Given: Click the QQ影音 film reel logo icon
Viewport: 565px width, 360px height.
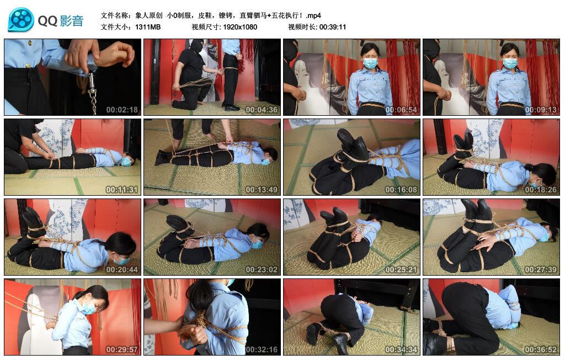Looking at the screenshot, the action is [21, 20].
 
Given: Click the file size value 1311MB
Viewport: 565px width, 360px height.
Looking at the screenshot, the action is [148, 27].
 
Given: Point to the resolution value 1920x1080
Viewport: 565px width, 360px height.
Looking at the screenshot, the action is [240, 27].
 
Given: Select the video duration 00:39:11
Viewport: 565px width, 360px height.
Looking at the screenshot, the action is [333, 27].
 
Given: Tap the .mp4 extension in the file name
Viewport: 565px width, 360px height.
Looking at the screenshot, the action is [313, 15].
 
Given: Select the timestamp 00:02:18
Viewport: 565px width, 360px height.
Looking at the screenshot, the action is [122, 110].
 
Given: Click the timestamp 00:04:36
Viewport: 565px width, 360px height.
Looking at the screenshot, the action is [261, 110].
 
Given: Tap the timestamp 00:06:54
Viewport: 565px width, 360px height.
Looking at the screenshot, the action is [401, 110].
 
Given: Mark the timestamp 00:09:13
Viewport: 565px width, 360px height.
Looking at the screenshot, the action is [541, 110].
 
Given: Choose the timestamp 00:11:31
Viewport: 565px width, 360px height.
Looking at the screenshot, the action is [122, 190].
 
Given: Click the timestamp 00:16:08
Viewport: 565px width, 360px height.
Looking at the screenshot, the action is [401, 190].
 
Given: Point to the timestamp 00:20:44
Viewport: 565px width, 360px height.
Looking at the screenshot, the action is [122, 270].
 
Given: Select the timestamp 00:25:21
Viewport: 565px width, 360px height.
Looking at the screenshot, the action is [401, 270].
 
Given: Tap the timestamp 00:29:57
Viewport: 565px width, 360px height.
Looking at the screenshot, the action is [122, 350].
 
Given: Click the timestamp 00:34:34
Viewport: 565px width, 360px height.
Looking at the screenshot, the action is [401, 350].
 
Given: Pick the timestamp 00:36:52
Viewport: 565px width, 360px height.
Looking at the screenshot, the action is [541, 350].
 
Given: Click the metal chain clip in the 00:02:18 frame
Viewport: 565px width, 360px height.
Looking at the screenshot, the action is [92, 92].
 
